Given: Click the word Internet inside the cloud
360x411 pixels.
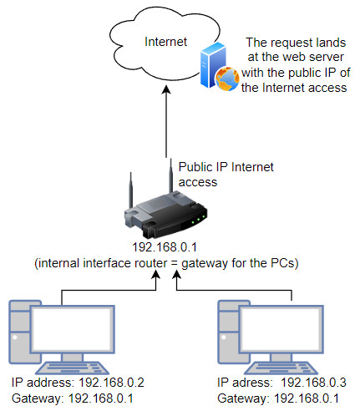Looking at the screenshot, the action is coord(165,42).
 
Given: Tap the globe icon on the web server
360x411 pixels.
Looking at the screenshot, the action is coord(227,79).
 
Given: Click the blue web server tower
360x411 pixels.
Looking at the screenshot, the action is coord(212,64).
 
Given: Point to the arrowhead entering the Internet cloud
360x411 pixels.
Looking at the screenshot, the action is coord(166,90).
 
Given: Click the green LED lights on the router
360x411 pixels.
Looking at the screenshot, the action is coord(198,219).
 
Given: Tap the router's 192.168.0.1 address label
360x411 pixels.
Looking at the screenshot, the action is coord(165,247).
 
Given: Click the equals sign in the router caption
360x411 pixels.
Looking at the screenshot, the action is coord(175,263).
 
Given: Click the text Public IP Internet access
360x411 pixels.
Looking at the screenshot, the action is coord(226,175).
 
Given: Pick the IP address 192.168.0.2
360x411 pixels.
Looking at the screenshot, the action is coord(111,383).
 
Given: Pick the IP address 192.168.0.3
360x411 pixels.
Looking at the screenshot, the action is coord(313,383).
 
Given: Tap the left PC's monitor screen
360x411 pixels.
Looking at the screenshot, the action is coord(73,329).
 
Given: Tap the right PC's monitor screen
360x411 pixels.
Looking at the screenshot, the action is coord(281,329).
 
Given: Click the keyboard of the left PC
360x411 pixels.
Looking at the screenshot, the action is coord(73,368).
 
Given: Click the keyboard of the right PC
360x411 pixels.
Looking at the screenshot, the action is coord(281,368).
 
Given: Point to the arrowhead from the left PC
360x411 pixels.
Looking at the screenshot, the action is coord(155,274).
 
